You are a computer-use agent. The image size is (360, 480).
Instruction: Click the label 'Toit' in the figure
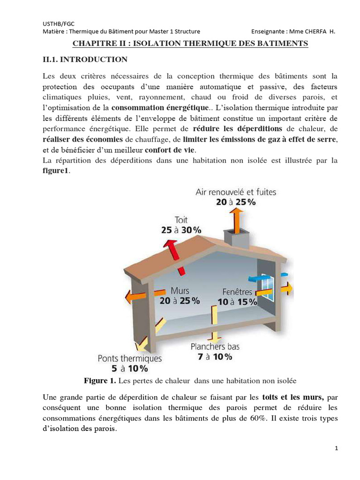pyautogui.click(x=180, y=219)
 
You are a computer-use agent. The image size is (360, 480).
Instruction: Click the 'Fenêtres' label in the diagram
pyautogui.click(x=237, y=292)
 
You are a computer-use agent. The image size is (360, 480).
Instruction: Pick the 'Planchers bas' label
pyautogui.click(x=215, y=347)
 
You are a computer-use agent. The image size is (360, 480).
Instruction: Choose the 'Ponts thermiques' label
pyautogui.click(x=130, y=358)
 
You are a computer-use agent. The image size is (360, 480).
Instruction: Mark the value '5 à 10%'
pyautogui.click(x=130, y=368)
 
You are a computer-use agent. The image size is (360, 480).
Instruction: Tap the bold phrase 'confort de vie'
pyautogui.click(x=171, y=150)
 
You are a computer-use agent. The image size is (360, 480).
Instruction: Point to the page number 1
pyautogui.click(x=337, y=449)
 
